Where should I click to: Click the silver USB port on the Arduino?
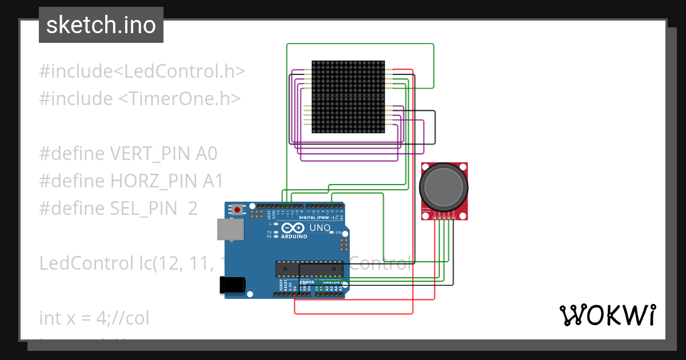click(229, 230)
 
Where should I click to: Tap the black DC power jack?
click(233, 285)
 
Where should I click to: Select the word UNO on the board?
click(320, 228)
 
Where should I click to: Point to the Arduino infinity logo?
click(293, 227)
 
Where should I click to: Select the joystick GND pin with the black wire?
click(453, 218)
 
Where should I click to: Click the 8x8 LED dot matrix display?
click(348, 97)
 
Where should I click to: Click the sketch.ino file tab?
click(101, 25)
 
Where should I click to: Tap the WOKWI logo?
click(607, 315)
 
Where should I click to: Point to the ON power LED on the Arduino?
click(332, 233)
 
